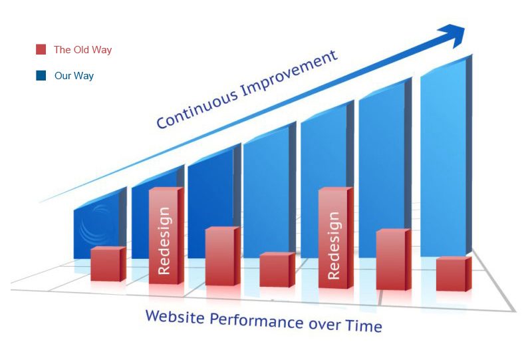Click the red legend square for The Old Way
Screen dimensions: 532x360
[x=41, y=49]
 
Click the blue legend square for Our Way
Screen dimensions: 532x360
[x=41, y=75]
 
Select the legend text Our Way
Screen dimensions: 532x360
[x=74, y=75]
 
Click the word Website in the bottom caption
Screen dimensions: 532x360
[x=175, y=317]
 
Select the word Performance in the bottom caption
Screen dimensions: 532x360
[x=256, y=321]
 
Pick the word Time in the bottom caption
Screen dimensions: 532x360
[x=364, y=325]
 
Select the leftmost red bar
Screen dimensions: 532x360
[x=108, y=264]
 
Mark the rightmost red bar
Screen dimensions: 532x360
[x=454, y=273]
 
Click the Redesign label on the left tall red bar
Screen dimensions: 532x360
[x=164, y=240]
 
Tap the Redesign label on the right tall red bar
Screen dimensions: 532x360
[x=334, y=245]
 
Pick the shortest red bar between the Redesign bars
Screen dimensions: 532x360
[x=277, y=270]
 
